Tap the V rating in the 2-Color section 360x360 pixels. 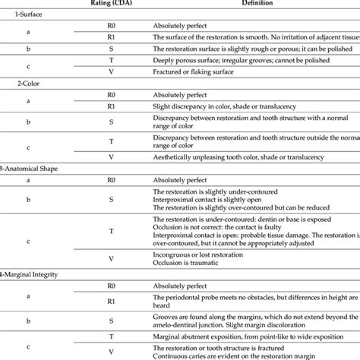111,156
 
